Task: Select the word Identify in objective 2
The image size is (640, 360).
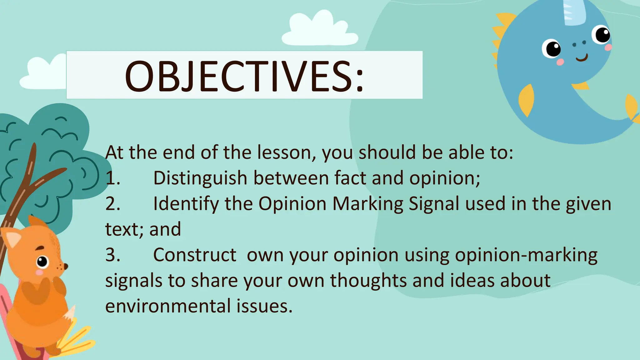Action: click(186, 204)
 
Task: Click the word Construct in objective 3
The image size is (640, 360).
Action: click(194, 255)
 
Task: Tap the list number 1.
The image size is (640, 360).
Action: click(112, 178)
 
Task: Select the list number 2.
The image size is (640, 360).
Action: click(112, 204)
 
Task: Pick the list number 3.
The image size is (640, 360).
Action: click(112, 255)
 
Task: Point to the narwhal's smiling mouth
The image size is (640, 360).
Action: click(582, 58)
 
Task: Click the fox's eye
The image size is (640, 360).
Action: click(42, 262)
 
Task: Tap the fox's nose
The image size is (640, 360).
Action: click(66, 267)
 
